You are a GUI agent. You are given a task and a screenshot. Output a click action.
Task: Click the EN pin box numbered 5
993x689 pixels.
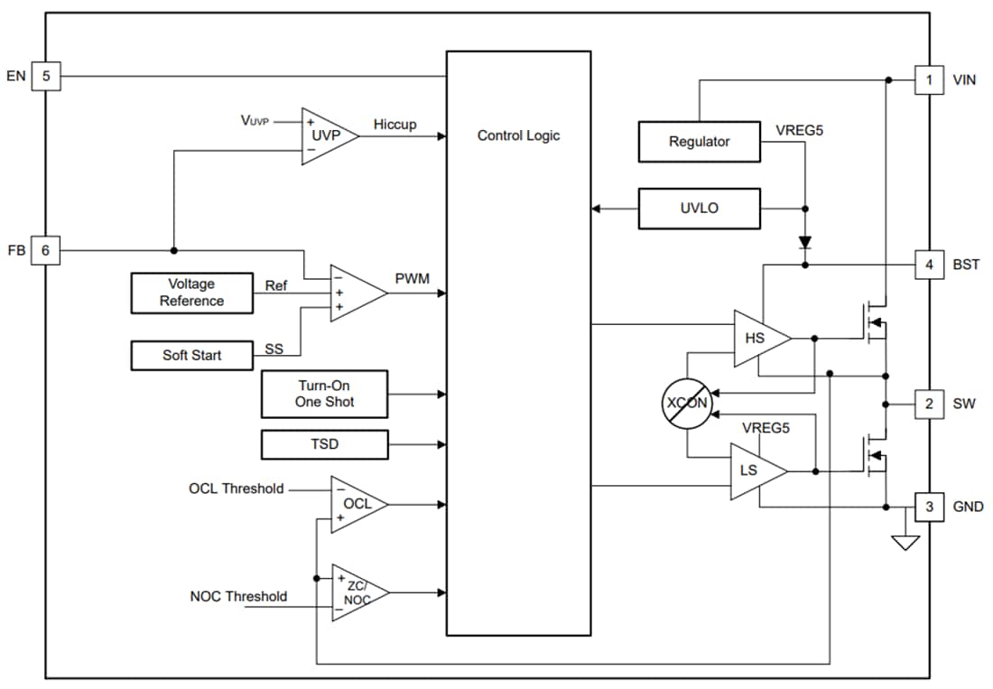coord(46,76)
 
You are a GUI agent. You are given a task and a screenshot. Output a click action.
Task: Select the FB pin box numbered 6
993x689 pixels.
coord(46,250)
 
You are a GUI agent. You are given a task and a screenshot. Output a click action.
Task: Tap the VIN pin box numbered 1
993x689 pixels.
coord(929,79)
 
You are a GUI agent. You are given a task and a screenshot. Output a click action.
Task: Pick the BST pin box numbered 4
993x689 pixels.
coord(929,265)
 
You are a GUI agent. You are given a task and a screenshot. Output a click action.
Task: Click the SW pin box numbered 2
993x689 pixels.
coord(929,404)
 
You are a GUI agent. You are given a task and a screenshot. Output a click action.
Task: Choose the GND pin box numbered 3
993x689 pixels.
coord(929,507)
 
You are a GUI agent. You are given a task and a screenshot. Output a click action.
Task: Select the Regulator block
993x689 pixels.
coord(699,142)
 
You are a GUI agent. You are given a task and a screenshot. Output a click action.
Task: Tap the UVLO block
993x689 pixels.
coord(699,208)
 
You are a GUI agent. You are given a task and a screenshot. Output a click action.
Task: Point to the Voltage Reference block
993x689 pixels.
coord(191,293)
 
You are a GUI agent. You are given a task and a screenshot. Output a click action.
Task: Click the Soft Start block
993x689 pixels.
coord(191,355)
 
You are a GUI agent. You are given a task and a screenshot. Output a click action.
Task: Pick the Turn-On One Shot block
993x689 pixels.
coord(324,394)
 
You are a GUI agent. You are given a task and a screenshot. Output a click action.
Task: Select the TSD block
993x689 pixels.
coord(324,444)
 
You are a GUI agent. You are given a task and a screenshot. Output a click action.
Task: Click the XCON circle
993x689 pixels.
coord(686,403)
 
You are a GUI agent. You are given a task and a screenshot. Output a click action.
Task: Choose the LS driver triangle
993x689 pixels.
coord(754,470)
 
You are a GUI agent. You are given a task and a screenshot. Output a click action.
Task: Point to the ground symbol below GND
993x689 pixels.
coord(905,542)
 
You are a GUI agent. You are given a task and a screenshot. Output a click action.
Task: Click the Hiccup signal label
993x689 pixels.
coord(394,125)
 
